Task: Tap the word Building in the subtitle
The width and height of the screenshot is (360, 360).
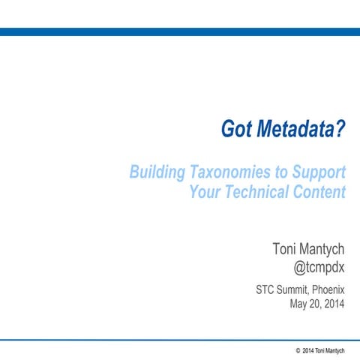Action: pos(156,172)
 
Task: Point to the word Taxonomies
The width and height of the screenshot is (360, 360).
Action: pos(229,172)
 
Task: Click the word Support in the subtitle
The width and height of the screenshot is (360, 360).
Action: pos(318,172)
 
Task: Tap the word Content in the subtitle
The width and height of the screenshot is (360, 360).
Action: pos(316,192)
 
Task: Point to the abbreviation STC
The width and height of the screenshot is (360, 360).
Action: pos(249,289)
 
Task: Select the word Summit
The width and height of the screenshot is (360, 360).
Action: pos(281,289)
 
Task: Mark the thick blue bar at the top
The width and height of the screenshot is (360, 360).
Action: pos(180,31)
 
